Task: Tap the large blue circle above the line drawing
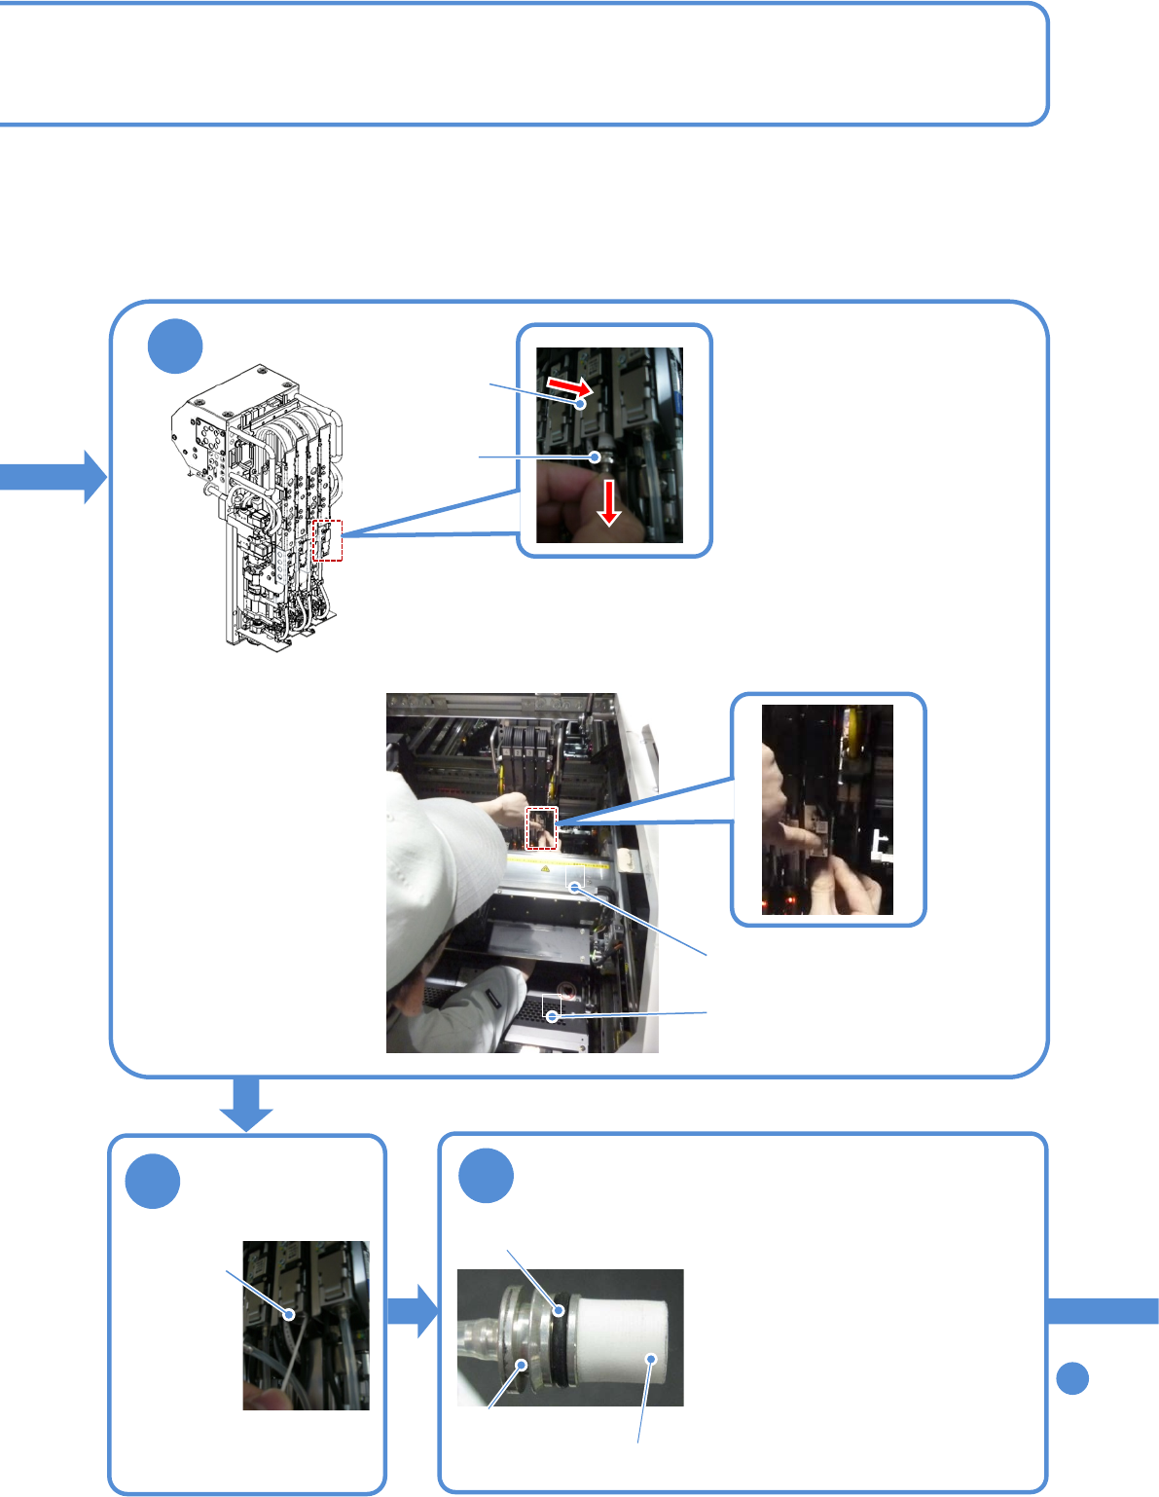(x=175, y=347)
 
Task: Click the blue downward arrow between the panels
(x=246, y=1105)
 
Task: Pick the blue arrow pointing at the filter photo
(x=414, y=1310)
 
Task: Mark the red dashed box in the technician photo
(x=541, y=827)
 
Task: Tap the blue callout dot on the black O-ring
(x=560, y=1310)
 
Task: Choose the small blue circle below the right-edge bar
(x=1072, y=1378)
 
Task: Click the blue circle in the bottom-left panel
(x=153, y=1182)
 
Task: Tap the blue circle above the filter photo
(x=487, y=1176)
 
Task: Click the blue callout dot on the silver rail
(x=575, y=887)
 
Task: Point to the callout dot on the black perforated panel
(x=552, y=1016)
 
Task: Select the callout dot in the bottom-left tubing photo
(x=289, y=1314)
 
